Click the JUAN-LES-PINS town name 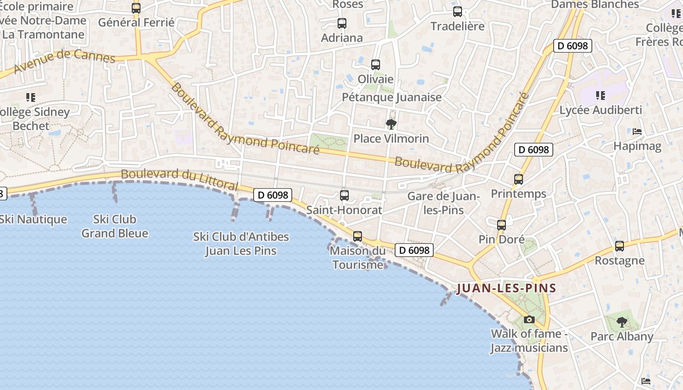506,288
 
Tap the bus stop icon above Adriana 342,23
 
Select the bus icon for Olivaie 376,64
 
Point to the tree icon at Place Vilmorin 391,124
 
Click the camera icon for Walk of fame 529,320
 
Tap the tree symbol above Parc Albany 622,322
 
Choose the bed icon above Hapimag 637,132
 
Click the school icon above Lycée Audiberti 601,96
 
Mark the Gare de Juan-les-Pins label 443,203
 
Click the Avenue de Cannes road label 64,62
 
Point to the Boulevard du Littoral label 179,180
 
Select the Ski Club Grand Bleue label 115,226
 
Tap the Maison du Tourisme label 358,258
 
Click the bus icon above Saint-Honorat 344,195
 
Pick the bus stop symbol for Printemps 519,179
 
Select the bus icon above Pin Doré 502,225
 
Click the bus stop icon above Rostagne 620,246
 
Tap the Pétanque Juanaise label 392,97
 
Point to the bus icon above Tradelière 458,12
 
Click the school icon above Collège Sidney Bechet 31,97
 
